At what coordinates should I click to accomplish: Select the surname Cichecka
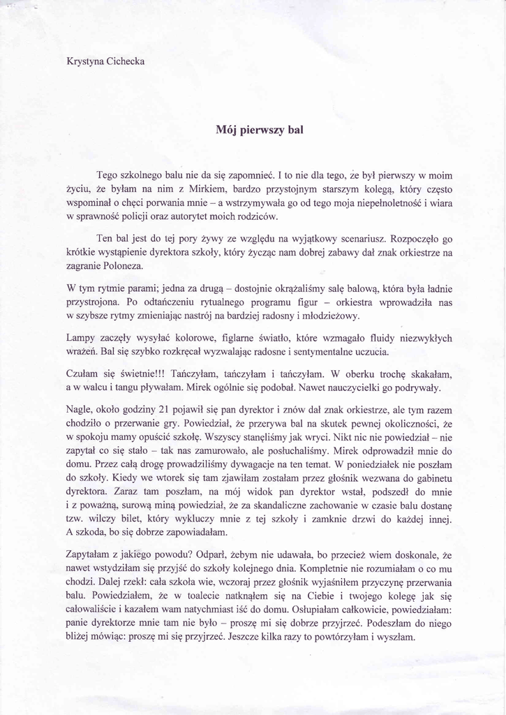point(126,61)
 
